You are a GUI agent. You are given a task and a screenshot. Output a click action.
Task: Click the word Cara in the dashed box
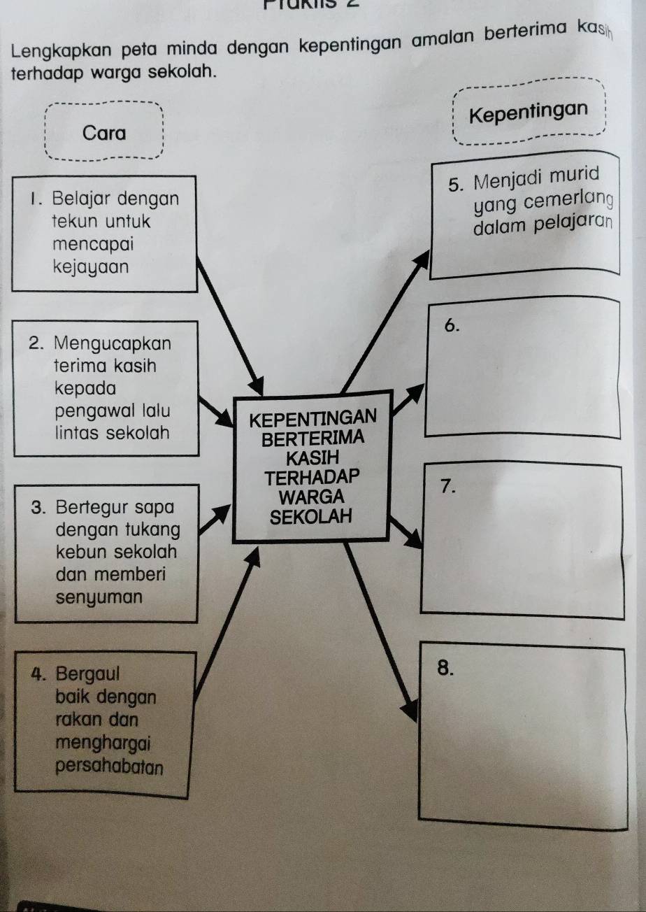point(104,132)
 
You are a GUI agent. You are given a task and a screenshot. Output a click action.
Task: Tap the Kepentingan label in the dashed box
point(528,113)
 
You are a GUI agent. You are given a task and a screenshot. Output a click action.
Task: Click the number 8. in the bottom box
point(445,668)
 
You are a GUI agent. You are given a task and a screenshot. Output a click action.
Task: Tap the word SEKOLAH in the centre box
point(312,518)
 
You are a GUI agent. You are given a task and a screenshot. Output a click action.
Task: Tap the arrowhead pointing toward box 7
point(414,539)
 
